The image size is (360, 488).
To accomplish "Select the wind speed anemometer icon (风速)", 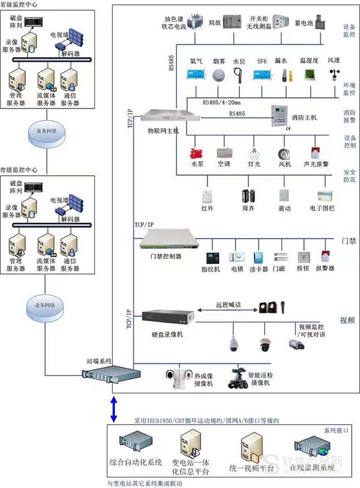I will click(x=334, y=74).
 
